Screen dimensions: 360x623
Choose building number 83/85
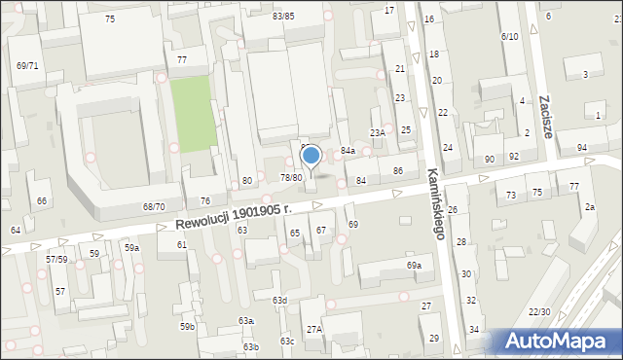pos(283,17)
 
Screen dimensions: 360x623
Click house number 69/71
pos(27,66)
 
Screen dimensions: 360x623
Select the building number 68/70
pos(154,207)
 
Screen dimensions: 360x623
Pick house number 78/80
pos(291,177)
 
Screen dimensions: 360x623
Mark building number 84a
pos(348,151)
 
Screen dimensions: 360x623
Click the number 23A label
pos(378,131)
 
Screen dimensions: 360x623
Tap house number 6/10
pos(509,36)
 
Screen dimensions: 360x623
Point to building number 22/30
pos(539,311)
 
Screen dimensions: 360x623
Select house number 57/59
pos(56,259)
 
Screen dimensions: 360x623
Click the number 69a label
pos(415,266)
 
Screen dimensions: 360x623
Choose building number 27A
pos(314,330)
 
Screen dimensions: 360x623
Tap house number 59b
pos(187,326)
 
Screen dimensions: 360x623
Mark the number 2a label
pos(590,207)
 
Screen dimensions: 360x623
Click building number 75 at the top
pos(110,19)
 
